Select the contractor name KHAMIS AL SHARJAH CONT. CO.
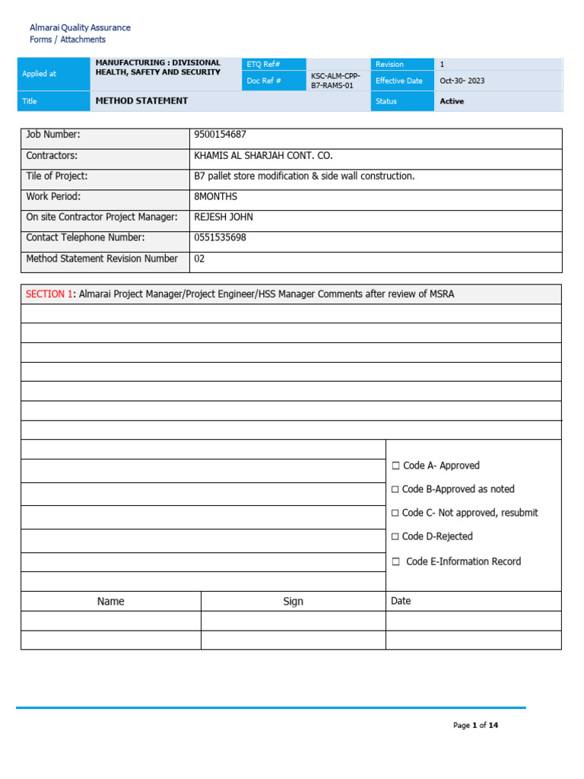(263, 155)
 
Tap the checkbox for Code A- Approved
(395, 466)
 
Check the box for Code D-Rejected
(395, 536)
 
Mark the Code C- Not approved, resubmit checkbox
(395, 513)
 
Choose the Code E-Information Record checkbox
(395, 561)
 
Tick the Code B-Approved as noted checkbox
(395, 489)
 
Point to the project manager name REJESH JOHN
(224, 217)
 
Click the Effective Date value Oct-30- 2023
(462, 81)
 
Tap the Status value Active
(452, 101)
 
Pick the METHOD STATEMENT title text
(141, 100)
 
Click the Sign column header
(293, 601)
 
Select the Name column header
(110, 601)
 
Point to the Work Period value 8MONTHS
(216, 196)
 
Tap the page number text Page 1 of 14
(475, 725)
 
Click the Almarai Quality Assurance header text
(80, 27)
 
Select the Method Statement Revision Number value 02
(200, 259)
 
